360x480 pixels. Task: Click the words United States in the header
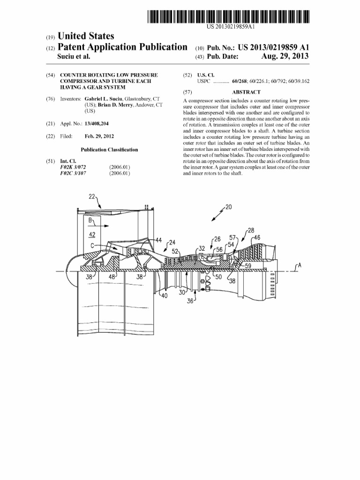[x=85, y=37]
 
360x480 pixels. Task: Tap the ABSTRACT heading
[x=246, y=92]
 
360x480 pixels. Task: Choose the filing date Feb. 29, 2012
[x=99, y=136]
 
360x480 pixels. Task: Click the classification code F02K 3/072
[x=73, y=167]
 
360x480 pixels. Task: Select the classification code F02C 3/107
[x=73, y=173]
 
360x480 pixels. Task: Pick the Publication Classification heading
[x=109, y=150]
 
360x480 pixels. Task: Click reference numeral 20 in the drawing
[x=228, y=206]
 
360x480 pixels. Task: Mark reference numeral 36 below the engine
[x=190, y=301]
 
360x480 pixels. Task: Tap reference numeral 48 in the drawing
[x=112, y=277]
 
